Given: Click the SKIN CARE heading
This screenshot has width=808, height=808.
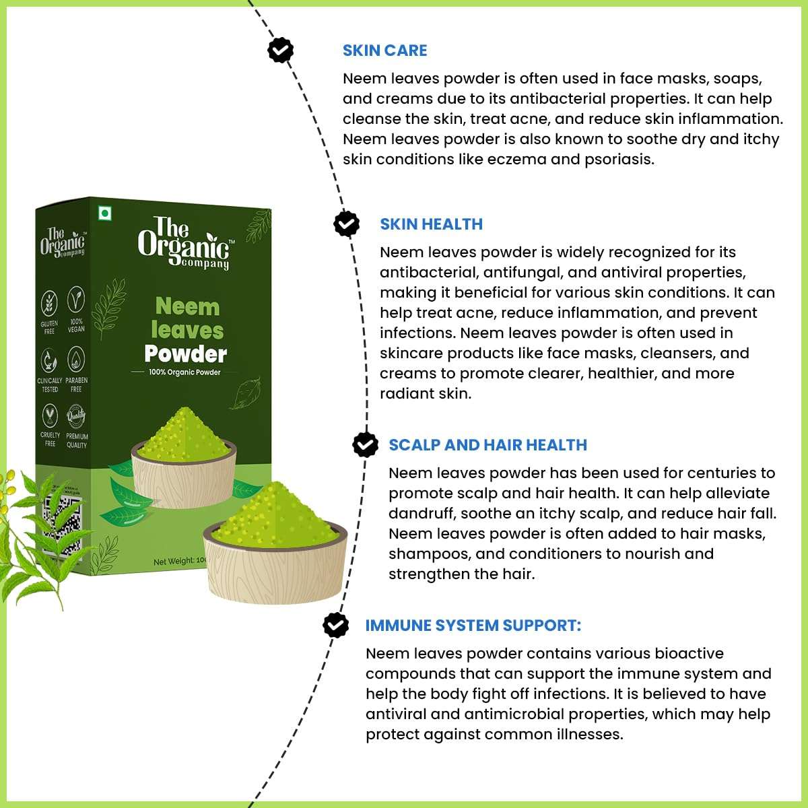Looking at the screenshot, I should (384, 50).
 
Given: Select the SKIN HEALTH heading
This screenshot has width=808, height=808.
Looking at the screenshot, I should (431, 224).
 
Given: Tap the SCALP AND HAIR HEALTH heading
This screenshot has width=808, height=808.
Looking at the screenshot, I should (487, 445).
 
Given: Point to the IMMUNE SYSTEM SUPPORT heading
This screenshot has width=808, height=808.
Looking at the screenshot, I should (473, 626).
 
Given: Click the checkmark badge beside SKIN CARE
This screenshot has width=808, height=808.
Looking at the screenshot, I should (280, 50).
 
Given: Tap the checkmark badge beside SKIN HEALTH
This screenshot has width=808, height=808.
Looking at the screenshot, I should (347, 224).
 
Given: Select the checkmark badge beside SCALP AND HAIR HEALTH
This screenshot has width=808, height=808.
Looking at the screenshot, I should (366, 444).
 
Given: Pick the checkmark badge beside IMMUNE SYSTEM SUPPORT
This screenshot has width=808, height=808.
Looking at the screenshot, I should (335, 625).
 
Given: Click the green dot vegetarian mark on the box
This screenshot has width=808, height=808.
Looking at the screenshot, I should (105, 214).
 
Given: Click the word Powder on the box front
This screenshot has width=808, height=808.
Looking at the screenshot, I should (186, 354).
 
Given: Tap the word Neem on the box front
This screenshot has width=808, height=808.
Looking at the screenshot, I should (187, 307).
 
